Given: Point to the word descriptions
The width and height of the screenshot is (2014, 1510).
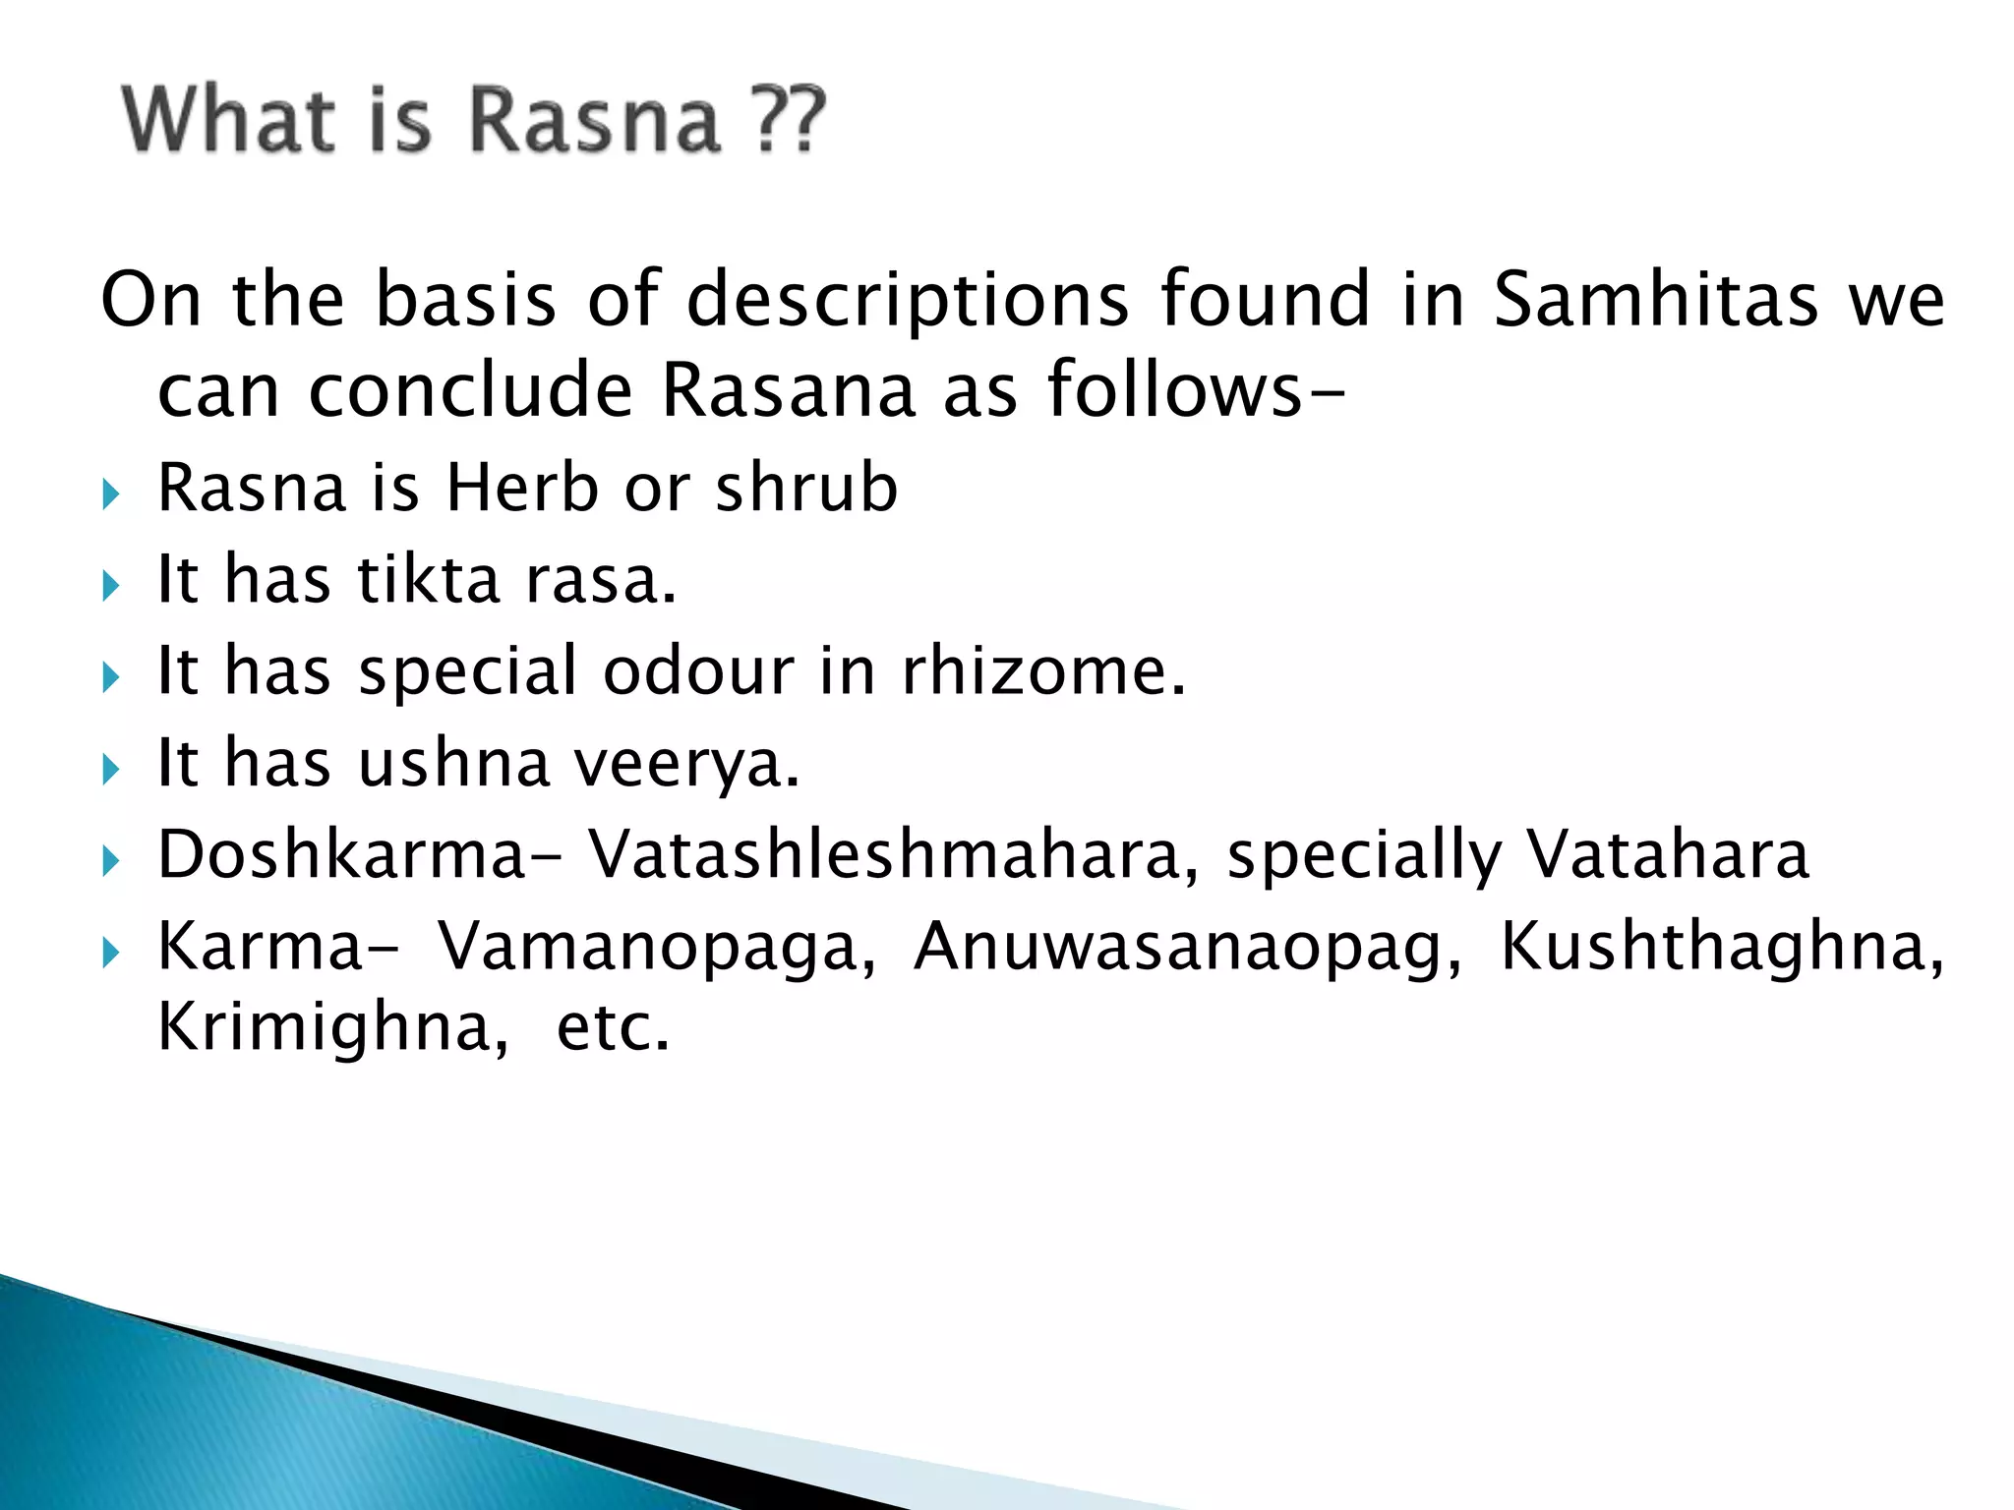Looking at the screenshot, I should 907,299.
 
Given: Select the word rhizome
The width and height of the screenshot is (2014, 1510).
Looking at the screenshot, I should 1043,670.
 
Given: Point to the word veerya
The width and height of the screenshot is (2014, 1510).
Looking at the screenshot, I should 686,764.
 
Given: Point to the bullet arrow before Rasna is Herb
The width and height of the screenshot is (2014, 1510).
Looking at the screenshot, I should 109,494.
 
